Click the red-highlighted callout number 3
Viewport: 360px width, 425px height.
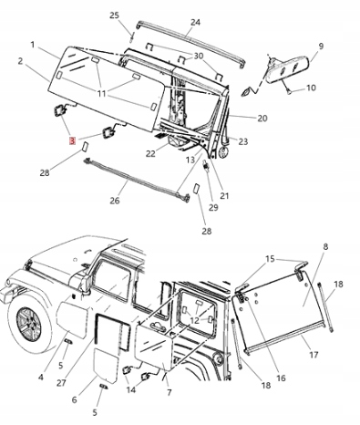pos(72,140)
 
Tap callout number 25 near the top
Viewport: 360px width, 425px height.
pos(114,16)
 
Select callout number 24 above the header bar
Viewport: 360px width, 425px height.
pos(195,22)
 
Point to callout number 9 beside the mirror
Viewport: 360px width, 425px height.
pos(321,47)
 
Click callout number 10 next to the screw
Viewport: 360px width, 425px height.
pos(311,88)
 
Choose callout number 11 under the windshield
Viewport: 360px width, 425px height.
pos(101,94)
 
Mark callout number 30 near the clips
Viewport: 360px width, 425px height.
pos(198,57)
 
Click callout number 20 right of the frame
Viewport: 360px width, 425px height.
pos(262,118)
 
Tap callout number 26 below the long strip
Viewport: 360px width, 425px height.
pos(115,201)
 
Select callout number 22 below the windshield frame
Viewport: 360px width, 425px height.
pos(150,154)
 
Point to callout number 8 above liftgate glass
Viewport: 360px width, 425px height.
pos(325,246)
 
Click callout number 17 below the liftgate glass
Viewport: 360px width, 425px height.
pos(314,355)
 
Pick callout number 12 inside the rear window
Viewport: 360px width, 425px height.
pos(194,320)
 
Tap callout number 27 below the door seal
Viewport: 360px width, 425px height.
pos(61,383)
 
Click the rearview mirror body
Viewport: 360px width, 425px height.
pos(287,71)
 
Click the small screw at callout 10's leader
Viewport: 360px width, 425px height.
pos(290,91)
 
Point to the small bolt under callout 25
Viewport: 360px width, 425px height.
pos(132,38)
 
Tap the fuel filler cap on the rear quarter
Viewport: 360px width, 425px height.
pos(218,358)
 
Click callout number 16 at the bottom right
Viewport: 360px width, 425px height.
pos(281,378)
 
